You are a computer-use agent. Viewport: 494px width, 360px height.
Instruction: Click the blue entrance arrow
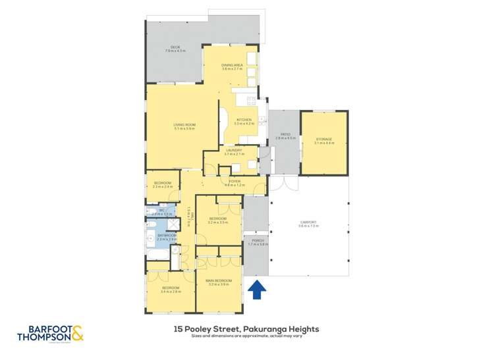tap(256, 289)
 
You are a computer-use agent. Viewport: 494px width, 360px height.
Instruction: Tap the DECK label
tap(175, 47)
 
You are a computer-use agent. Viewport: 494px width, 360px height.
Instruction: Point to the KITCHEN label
tap(245, 120)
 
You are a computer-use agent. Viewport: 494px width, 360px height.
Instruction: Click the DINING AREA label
tap(231, 65)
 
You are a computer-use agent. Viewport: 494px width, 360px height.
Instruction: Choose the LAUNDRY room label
tap(234, 151)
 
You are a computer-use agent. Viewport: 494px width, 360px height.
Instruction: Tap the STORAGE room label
tap(323, 140)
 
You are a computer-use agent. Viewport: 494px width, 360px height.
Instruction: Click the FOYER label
tap(234, 181)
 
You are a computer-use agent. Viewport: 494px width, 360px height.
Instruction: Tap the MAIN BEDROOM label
tap(218, 281)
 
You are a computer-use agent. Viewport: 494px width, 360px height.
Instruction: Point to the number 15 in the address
tap(178, 329)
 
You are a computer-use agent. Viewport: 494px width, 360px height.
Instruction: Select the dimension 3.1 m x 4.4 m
tap(323, 143)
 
